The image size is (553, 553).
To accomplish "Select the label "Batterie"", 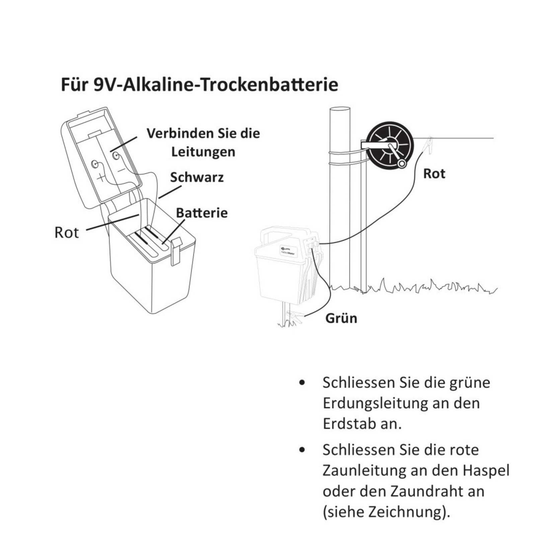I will [x=202, y=213].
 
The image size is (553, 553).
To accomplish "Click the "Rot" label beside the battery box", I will [x=67, y=232].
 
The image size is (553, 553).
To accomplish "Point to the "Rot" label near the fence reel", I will [x=434, y=174].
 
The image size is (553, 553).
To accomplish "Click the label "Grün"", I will [x=341, y=318].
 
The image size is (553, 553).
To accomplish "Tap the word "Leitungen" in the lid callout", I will [x=203, y=152].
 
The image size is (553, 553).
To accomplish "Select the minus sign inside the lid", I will [x=121, y=170].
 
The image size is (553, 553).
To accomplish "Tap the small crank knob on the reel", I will [x=401, y=164].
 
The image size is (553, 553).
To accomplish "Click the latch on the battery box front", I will [x=175, y=252].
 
